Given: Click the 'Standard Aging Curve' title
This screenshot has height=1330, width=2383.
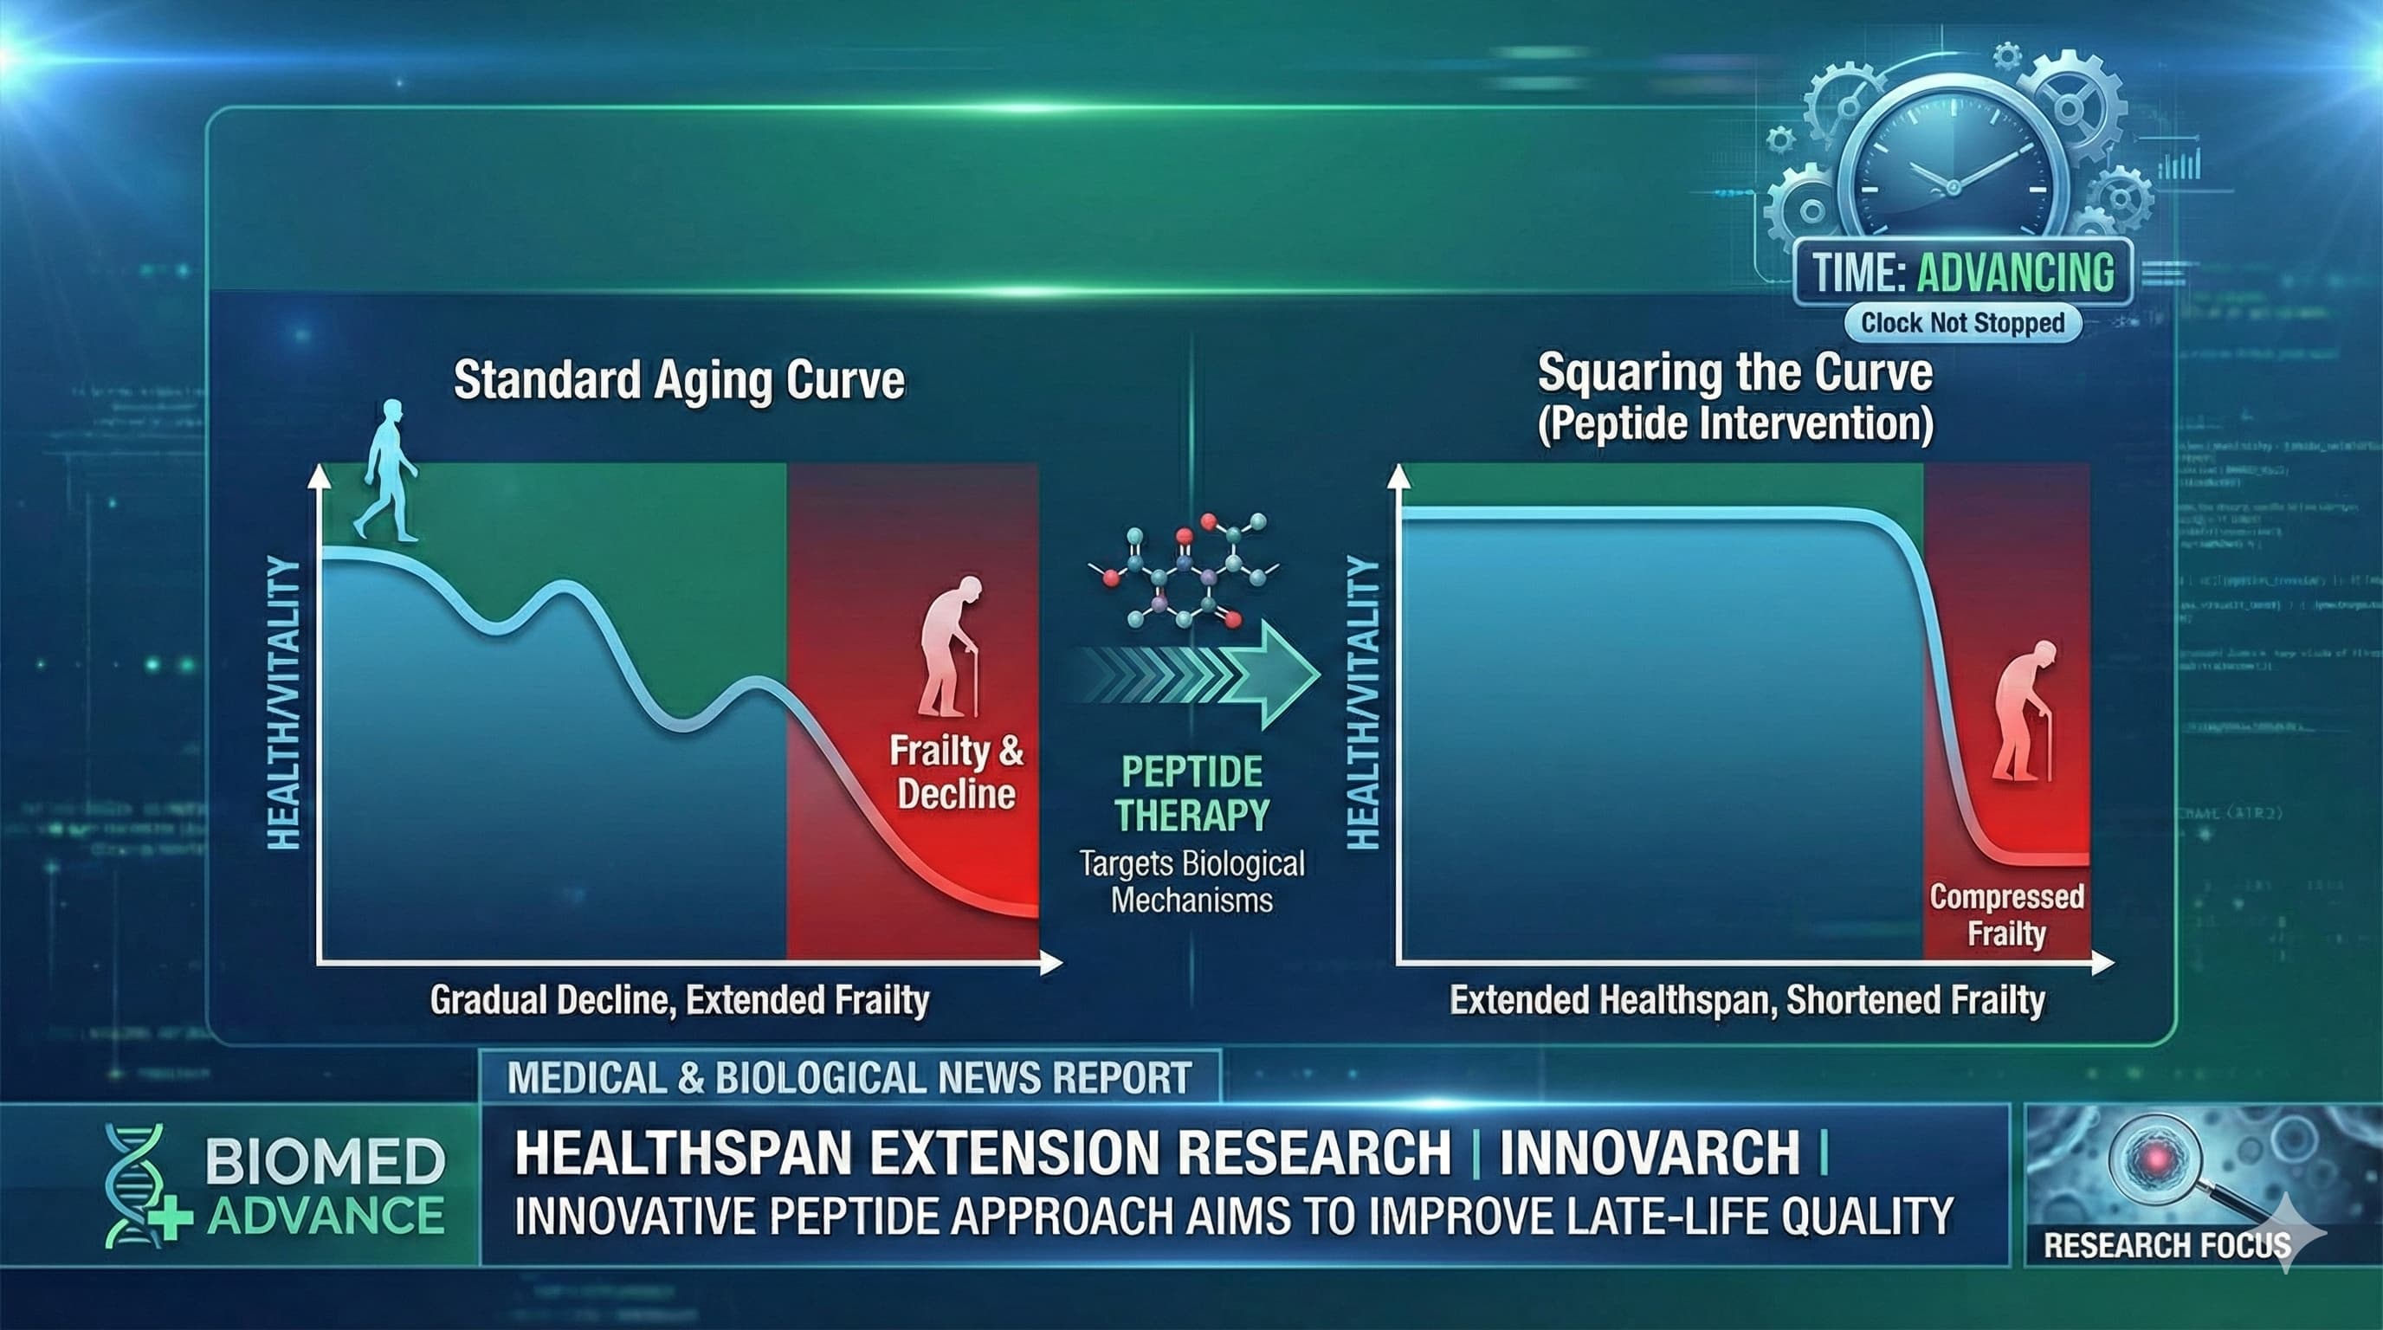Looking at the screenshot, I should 678,380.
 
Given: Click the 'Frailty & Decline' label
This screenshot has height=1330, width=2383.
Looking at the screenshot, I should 957,772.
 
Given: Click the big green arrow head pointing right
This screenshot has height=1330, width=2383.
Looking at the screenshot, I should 1282,675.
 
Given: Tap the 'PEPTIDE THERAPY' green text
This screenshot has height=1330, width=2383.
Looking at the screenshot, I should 1191,793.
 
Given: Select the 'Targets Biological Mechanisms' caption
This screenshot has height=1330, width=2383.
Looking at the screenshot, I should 1191,881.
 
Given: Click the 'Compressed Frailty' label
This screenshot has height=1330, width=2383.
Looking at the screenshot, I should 2005,914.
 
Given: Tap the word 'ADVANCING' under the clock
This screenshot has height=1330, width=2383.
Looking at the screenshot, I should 2015,273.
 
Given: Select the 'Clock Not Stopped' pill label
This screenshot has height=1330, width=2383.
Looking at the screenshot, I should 1962,323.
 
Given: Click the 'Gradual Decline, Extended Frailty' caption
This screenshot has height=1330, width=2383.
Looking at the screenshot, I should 679,1000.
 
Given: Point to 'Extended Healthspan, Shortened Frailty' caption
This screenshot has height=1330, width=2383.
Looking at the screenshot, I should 1747,1000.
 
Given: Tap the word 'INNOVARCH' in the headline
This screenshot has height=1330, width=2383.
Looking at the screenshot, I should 1649,1152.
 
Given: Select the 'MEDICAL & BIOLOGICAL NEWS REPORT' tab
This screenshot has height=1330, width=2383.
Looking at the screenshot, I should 849,1077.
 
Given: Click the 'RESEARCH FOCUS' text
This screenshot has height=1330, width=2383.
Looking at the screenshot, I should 2165,1245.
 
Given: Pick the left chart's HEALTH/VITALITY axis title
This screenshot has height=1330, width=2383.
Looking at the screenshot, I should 284,703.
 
